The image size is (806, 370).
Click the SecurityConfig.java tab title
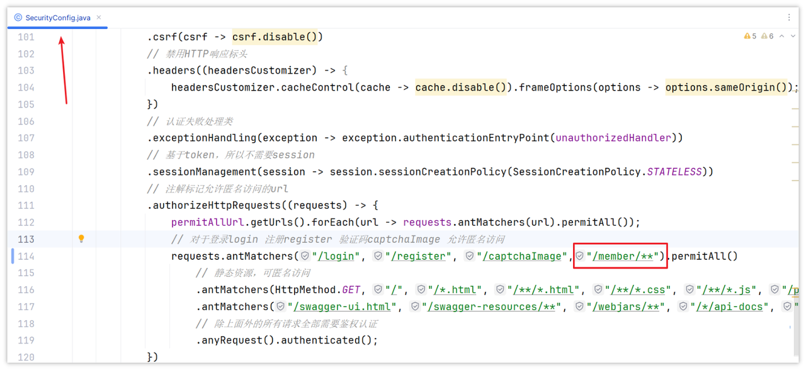(x=57, y=18)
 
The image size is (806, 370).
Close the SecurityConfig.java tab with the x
(x=99, y=17)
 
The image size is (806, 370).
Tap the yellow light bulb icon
(x=81, y=238)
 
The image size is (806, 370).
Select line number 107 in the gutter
(x=26, y=138)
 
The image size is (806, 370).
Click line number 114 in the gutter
(x=26, y=256)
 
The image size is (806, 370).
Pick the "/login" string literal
(x=336, y=256)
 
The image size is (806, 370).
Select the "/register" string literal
(x=417, y=256)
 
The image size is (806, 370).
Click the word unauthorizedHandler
(x=613, y=138)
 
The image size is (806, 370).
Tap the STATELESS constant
(x=674, y=172)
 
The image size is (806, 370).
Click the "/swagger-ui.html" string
(x=342, y=306)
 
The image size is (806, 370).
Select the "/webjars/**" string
(x=625, y=306)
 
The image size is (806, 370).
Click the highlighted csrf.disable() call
(x=275, y=37)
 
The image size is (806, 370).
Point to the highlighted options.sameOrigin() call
(x=726, y=87)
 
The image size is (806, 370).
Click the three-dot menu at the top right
(x=789, y=17)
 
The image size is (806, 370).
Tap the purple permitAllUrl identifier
(x=208, y=223)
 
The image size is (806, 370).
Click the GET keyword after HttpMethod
(x=351, y=290)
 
